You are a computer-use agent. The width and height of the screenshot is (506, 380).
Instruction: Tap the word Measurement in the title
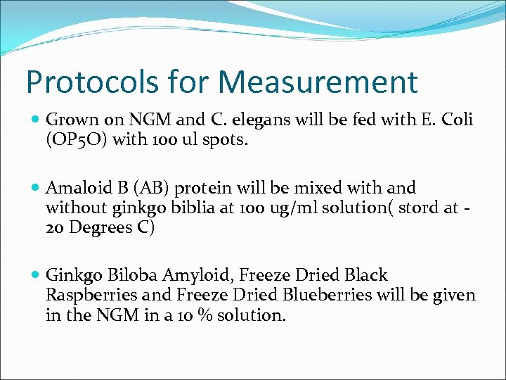pyautogui.click(x=318, y=82)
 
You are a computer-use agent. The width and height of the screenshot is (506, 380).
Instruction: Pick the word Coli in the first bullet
pyautogui.click(x=458, y=121)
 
